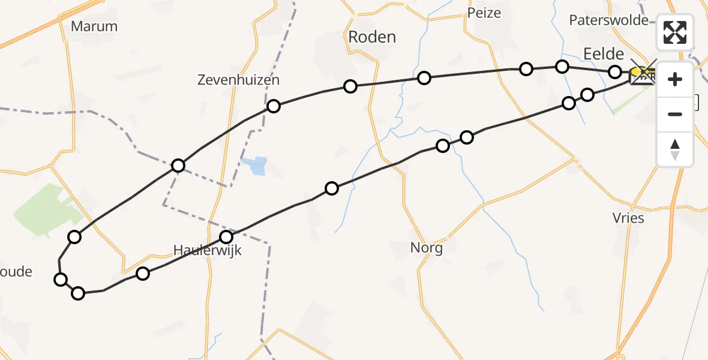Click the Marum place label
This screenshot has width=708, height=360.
coord(94,26)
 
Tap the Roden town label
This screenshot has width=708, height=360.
coord(372,37)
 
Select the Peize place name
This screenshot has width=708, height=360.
coord(484,13)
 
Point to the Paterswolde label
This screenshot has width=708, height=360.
coord(608,20)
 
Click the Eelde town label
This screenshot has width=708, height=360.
coord(602,53)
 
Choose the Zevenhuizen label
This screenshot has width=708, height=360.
coord(238,80)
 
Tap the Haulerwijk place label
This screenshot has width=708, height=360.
coord(207,250)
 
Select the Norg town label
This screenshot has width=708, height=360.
coord(426,247)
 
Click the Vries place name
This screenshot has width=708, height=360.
coord(628,218)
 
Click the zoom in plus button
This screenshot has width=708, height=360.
coord(675,79)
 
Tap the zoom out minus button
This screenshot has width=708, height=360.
coord(675,114)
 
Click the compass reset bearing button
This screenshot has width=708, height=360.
coord(675,149)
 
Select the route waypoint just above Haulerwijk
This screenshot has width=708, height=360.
coord(226,237)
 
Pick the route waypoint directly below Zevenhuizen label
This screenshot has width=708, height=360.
coord(274,106)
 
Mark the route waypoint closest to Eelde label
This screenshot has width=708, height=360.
coord(615,72)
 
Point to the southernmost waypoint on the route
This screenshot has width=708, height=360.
coord(78,293)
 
